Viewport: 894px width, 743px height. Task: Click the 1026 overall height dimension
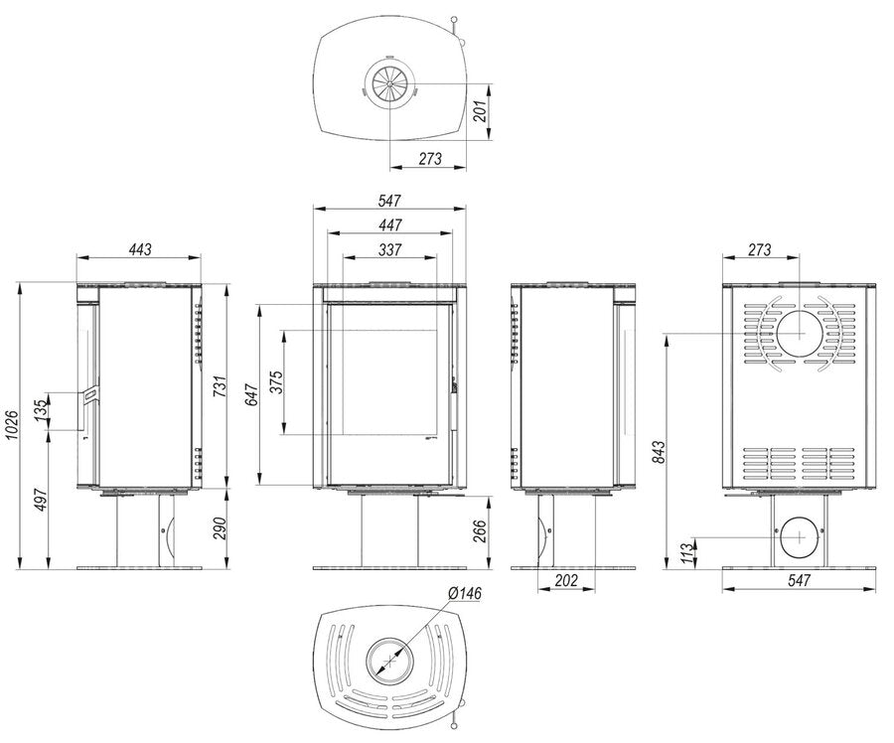[12, 426]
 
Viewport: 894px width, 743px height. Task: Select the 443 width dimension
[140, 249]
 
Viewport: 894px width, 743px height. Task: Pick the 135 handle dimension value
[41, 411]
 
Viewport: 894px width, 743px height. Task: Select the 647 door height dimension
[251, 395]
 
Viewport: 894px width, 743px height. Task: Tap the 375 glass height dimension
[276, 382]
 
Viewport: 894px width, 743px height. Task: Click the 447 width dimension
[390, 225]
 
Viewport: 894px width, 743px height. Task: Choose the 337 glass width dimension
[390, 249]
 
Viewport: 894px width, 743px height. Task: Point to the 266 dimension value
[480, 532]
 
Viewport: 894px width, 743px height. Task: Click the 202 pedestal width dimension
[566, 580]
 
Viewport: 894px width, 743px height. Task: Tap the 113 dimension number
[688, 553]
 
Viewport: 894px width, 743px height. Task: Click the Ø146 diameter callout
[465, 593]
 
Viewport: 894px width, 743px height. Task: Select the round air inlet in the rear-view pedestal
[800, 537]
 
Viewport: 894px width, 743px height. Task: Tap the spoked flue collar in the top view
[390, 83]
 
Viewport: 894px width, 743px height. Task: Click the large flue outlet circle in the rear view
[800, 334]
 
